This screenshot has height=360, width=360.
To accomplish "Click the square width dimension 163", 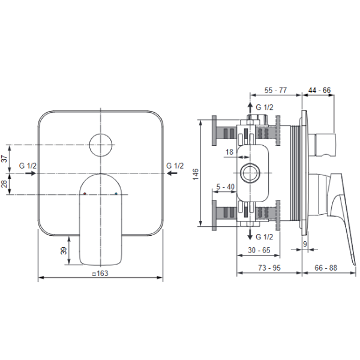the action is tap(100, 273).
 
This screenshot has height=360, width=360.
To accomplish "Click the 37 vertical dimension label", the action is tap(4, 158).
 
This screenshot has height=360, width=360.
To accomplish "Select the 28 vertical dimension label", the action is tap(4, 184).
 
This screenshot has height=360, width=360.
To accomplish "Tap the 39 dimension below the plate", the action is tap(64, 250).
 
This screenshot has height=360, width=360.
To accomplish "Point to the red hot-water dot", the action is tap(85, 194).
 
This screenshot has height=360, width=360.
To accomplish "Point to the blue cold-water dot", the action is tap(116, 194).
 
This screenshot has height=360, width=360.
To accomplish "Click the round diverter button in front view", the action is tap(101, 145).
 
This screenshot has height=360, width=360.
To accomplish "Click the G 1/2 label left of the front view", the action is tap(28, 166).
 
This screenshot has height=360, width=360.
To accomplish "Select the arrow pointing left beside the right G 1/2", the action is tap(172, 173).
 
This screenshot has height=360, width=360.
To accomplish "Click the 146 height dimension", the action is tap(196, 174).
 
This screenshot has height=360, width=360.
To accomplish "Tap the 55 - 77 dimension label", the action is tap(275, 90).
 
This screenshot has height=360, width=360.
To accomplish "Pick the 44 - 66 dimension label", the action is tap(319, 90).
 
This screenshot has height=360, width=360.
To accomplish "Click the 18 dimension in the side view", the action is tap(229, 152).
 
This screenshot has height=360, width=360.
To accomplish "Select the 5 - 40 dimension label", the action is tap(226, 187).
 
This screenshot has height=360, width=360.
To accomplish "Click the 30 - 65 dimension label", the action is tap(259, 250).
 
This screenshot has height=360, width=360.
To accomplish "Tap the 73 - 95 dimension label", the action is tap(269, 268).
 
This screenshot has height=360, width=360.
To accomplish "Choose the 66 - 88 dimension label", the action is tap(326, 268).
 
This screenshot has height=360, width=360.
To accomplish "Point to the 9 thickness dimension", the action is tap(305, 244).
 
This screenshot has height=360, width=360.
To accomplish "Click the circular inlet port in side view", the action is tap(250, 173).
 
